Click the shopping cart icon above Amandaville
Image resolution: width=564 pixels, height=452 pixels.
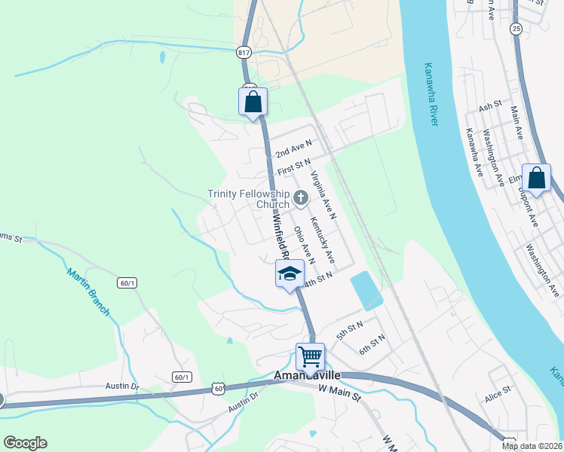coord(310,356)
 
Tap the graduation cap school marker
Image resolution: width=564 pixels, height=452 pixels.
coord(289,274)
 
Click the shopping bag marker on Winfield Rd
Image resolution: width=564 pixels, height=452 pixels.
coord(253,101)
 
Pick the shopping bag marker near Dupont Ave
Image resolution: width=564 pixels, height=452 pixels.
coord(536,179)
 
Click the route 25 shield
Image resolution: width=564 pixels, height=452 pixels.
coord(516,29)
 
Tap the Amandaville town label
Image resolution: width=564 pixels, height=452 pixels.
coord(308,375)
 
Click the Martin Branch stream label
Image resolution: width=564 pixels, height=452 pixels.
coord(89,292)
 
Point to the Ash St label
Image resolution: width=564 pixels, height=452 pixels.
coord(489,107)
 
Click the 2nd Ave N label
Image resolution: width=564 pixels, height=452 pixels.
coord(293,147)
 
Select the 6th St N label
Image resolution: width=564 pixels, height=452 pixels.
coord(372,345)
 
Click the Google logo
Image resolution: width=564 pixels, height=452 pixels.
coord(25,443)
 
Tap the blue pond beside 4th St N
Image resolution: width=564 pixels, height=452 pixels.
coord(366,290)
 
